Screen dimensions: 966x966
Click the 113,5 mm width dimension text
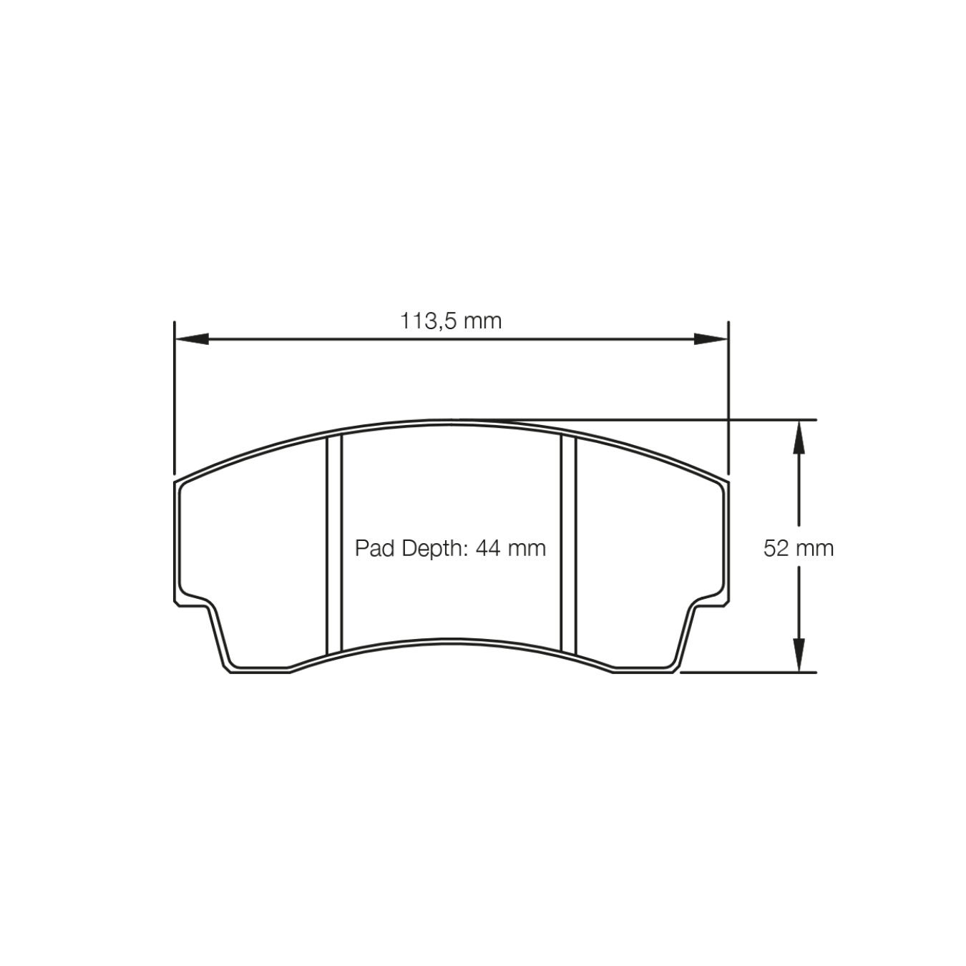pos(451,321)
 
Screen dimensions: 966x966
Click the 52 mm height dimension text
pos(798,549)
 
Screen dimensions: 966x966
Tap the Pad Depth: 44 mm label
pos(450,549)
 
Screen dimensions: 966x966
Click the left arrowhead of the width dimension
pos(192,338)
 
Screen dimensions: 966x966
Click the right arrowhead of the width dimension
pos(711,338)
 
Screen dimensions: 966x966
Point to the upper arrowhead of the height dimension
pos(799,437)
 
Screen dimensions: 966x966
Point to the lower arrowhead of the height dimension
pos(799,655)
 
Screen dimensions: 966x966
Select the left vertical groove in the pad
pos(335,544)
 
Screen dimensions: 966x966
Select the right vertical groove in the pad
pos(569,544)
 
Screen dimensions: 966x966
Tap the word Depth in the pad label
pos(429,550)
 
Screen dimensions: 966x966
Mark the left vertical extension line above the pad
pos(174,397)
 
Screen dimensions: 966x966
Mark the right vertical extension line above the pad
pos(728,397)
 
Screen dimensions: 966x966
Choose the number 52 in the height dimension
pos(776,549)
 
